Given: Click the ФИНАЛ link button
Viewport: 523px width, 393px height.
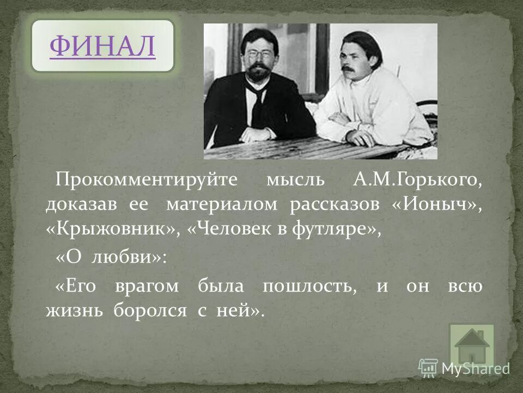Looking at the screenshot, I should [x=102, y=46].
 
